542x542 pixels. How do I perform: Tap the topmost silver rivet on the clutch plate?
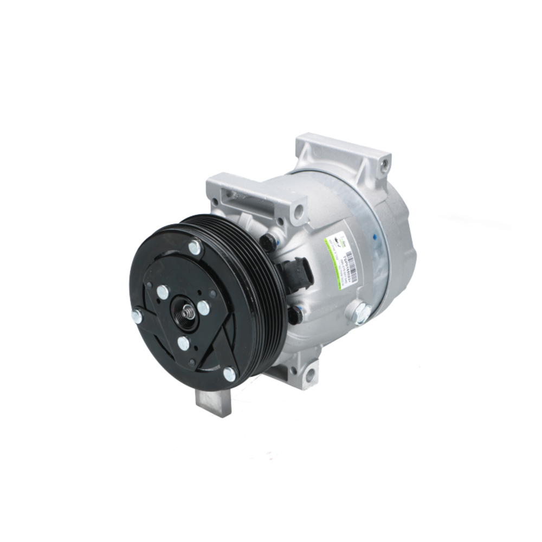pos(194,247)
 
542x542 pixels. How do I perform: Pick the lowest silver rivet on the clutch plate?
pos(229,373)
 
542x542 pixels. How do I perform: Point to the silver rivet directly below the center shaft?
pos(184,343)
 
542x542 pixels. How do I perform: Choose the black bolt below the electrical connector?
pos(295,314)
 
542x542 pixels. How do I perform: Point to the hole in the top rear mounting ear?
pos(384,160)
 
